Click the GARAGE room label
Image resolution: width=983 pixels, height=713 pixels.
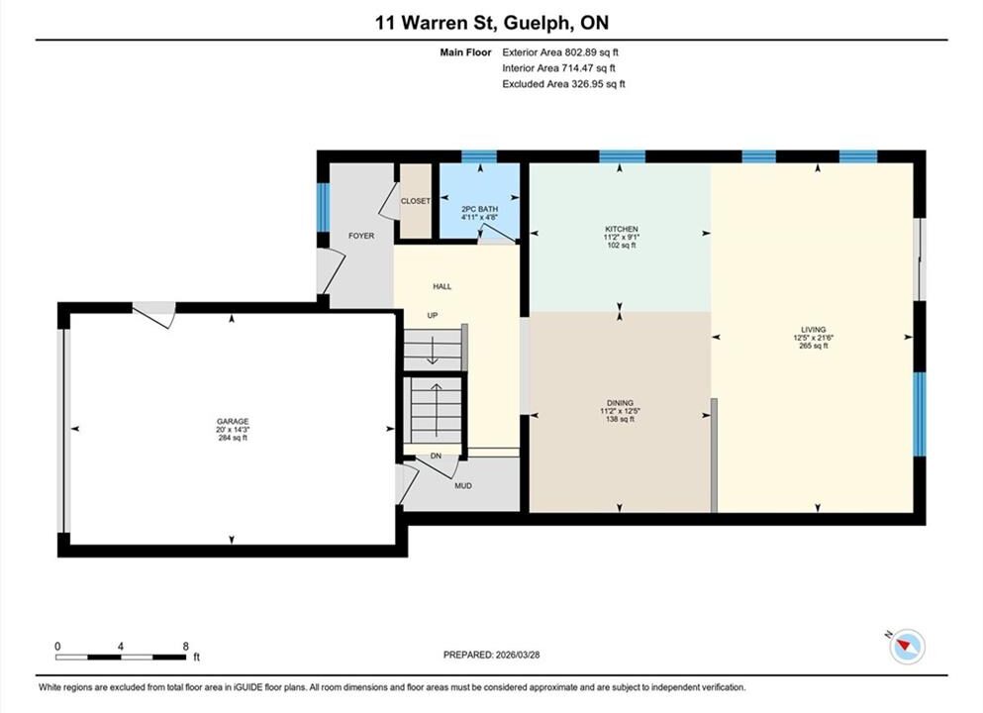click(233, 422)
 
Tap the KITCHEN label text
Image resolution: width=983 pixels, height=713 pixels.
click(622, 229)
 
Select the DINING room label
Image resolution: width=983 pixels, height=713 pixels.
click(620, 403)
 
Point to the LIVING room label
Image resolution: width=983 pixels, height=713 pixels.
click(813, 329)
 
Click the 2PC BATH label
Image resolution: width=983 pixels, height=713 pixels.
click(479, 209)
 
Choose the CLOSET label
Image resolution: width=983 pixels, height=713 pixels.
click(416, 201)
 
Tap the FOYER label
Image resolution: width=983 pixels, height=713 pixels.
click(361, 236)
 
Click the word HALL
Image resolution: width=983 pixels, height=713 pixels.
click(442, 286)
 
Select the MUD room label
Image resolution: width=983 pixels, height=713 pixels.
click(463, 485)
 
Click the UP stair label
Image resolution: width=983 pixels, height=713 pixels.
click(432, 316)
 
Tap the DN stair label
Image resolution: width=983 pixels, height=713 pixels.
click(436, 456)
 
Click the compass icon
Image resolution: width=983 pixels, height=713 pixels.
click(907, 646)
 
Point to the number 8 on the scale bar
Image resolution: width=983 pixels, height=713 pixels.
click(185, 646)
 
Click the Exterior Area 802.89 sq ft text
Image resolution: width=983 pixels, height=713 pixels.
click(560, 52)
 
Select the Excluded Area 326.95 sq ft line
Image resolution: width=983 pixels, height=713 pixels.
click(563, 84)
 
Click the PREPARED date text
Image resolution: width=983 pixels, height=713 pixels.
click(491, 655)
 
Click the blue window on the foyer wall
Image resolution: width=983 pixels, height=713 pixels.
click(323, 208)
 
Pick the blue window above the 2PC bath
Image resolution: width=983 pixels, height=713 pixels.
click(479, 156)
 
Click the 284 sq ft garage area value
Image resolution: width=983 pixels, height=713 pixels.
click(233, 438)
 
